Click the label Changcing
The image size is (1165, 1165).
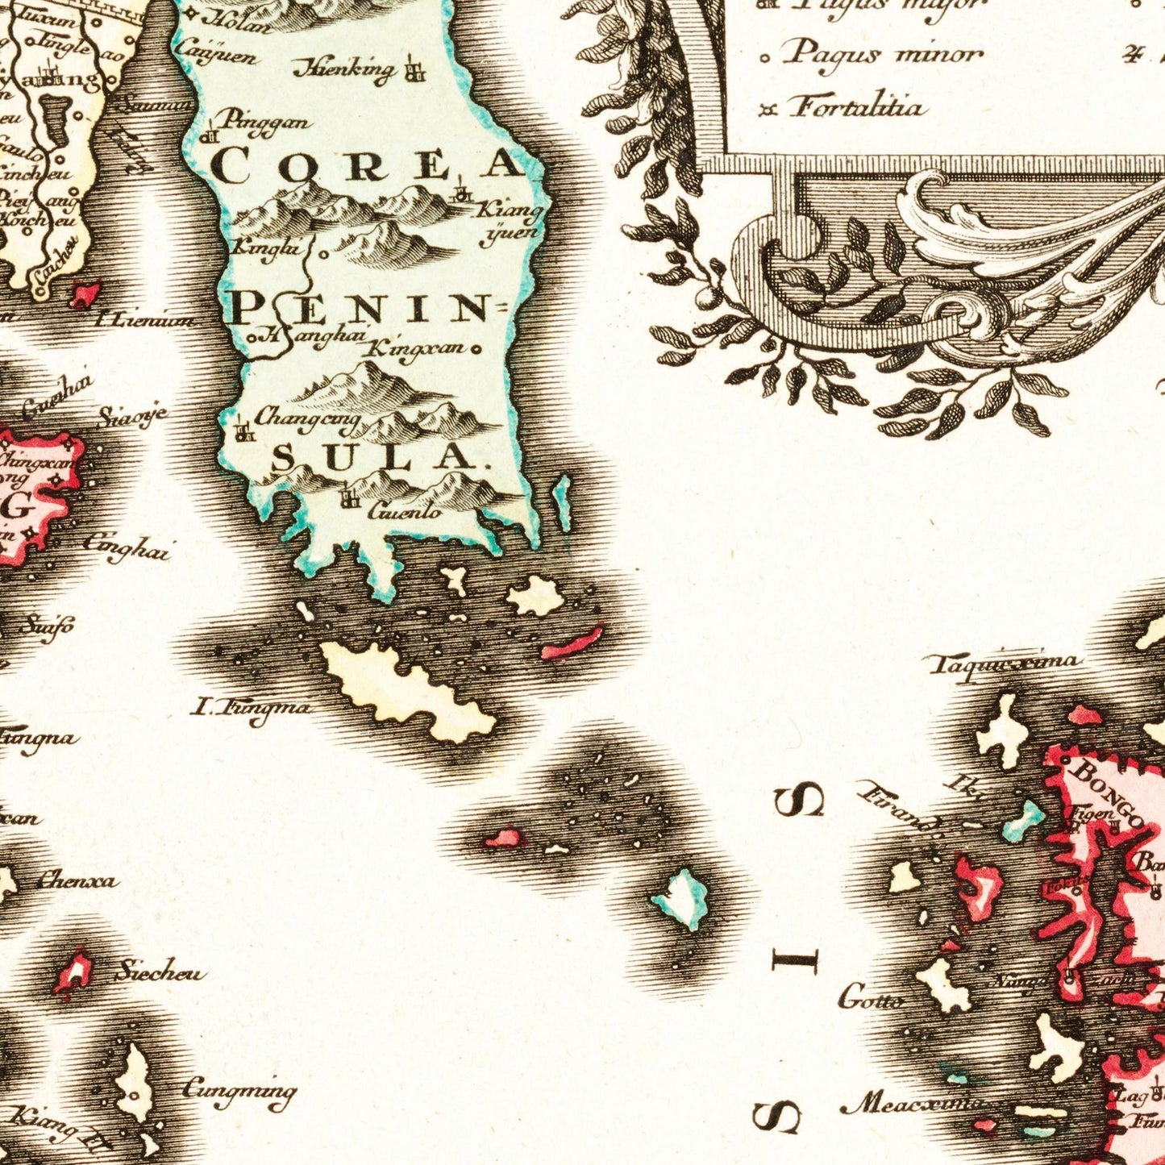[307, 417]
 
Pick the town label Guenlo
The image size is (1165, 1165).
[405, 510]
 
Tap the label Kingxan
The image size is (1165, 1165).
[418, 349]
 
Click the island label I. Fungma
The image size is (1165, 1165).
[250, 709]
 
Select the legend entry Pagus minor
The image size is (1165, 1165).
[884, 55]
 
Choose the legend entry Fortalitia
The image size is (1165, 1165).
[856, 106]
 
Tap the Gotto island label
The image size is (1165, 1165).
[871, 1000]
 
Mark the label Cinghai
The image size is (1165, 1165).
[127, 547]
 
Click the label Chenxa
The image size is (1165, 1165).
[77, 880]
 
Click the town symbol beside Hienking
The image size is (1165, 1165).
[415, 69]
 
